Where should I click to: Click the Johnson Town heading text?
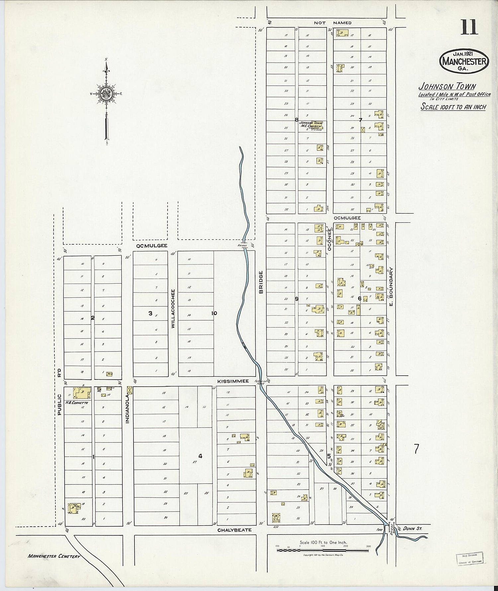point(447,86)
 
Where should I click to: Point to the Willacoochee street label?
point(173,309)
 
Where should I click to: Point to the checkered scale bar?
point(323,551)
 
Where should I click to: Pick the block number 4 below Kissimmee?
point(200,456)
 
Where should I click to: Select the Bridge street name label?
point(261,282)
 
